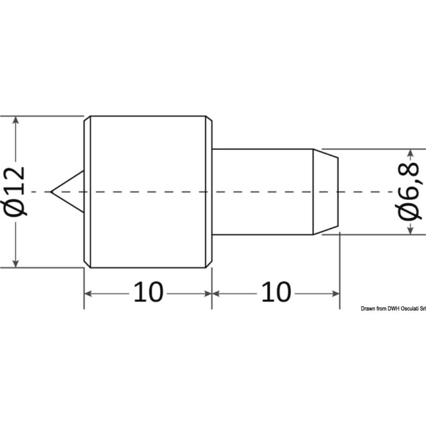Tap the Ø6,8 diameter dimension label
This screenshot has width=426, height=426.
(409, 192)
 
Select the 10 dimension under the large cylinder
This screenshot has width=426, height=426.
(148, 293)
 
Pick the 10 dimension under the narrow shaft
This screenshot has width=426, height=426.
(276, 293)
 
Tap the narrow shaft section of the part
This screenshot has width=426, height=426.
(262, 192)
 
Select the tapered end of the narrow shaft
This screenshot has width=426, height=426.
(326, 192)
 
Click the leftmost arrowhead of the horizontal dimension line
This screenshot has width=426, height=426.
(87, 294)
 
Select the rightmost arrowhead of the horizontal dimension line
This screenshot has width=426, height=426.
(337, 294)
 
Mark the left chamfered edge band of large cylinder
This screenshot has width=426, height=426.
(87, 192)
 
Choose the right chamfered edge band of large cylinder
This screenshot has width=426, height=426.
(208, 192)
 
